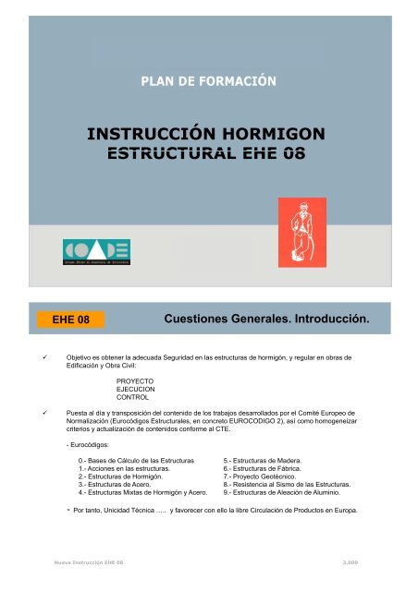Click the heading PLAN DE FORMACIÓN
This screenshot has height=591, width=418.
click(208, 81)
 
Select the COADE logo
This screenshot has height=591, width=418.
click(97, 251)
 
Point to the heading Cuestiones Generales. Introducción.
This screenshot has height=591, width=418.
click(265, 320)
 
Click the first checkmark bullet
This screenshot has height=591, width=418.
click(34, 355)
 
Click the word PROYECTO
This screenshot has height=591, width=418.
click(136, 380)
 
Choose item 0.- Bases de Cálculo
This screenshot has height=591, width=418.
click(136, 459)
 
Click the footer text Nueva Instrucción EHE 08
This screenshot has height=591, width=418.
click(87, 561)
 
